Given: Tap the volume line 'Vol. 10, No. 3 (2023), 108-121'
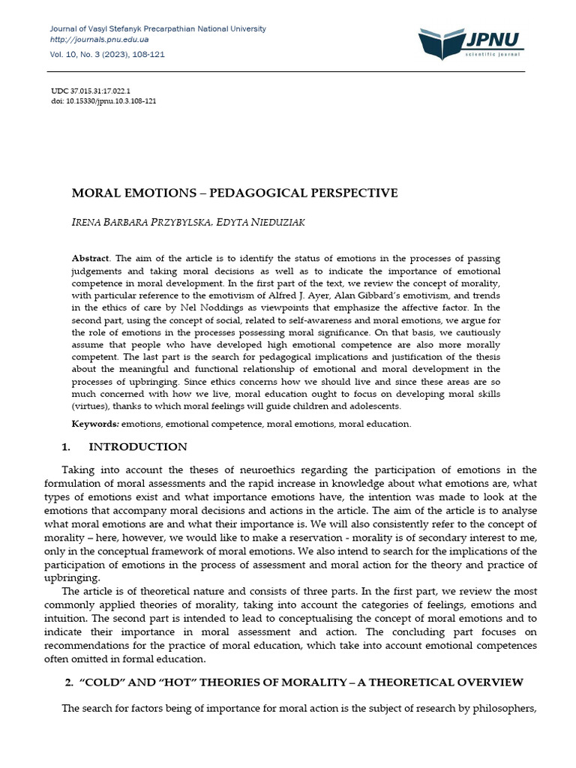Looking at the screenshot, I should [x=106, y=55].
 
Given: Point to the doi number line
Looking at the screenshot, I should [x=103, y=100].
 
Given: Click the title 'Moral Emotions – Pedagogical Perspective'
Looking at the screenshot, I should [x=234, y=193].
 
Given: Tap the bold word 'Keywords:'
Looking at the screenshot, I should [x=96, y=424].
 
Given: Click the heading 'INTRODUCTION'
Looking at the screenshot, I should [x=137, y=447].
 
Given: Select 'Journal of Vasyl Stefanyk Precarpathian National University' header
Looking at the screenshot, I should [x=157, y=28].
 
